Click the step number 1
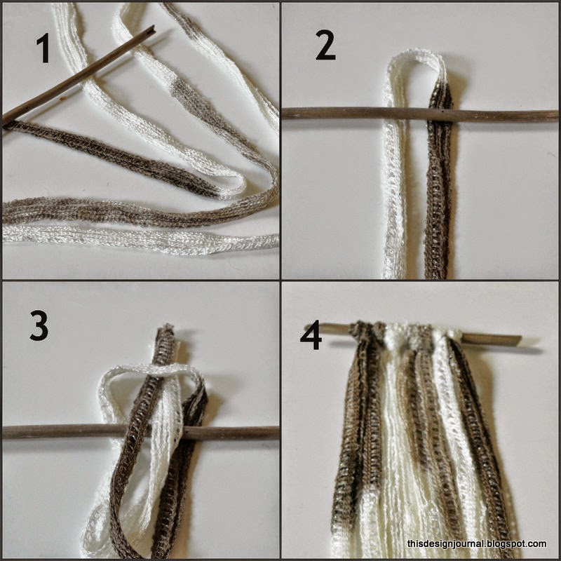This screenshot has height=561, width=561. [43, 48]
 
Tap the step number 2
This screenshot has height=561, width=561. [325, 45]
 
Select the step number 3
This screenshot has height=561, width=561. [39, 325]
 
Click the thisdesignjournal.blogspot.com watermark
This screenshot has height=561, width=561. [477, 544]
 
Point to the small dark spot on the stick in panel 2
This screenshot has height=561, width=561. [444, 112]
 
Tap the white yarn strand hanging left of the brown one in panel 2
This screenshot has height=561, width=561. [393, 201]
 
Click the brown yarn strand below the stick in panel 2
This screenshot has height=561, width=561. [438, 201]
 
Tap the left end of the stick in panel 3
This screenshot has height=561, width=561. [4, 432]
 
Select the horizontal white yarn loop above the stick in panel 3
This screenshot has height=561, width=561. [150, 370]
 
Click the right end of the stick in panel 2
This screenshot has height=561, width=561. [555, 115]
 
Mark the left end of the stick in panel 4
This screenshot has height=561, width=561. [308, 326]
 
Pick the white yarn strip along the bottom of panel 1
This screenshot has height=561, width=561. [140, 240]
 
